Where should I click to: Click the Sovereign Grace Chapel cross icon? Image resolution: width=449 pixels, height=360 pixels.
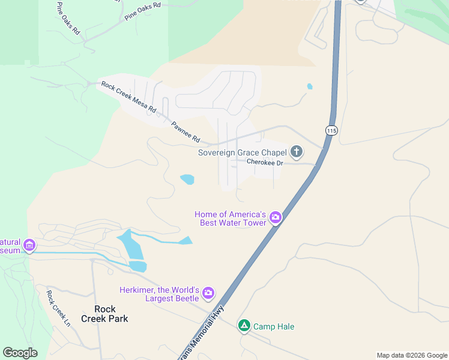pos(296,151)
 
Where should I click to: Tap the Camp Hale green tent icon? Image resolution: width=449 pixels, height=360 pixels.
pos(244,326)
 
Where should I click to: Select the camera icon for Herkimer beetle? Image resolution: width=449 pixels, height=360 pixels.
pos(208,293)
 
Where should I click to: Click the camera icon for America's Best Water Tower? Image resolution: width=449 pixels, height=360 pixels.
pos(275,217)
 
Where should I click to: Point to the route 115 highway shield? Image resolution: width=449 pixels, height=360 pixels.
pos(331,130)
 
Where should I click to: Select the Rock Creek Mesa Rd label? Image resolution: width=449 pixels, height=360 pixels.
pos(128,98)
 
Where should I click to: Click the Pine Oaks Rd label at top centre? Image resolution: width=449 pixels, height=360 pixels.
pos(143,13)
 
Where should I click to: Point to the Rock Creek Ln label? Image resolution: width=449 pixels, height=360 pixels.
pos(58,308)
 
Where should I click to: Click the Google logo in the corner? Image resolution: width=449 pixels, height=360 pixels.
pos(20,353)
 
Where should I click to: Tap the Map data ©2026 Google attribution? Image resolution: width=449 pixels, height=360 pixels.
pos(412,355)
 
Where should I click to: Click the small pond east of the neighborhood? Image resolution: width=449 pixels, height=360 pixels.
pos(310,86)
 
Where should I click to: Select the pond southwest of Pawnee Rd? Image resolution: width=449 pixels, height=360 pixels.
pos(187,179)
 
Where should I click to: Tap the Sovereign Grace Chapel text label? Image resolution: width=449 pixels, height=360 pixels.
pos(243,152)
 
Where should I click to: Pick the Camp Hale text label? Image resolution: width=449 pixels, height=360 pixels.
pos(273,326)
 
